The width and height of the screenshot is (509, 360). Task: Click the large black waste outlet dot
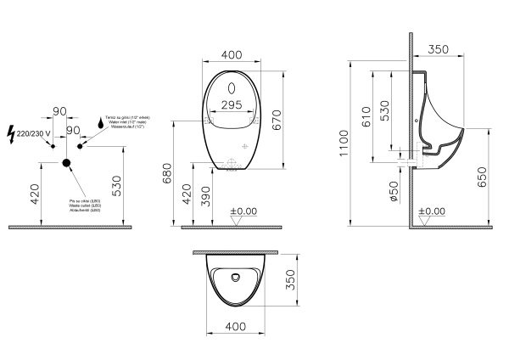[67, 162]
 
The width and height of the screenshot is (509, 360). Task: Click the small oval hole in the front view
[232, 88]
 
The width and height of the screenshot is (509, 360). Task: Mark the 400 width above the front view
[232, 53]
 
